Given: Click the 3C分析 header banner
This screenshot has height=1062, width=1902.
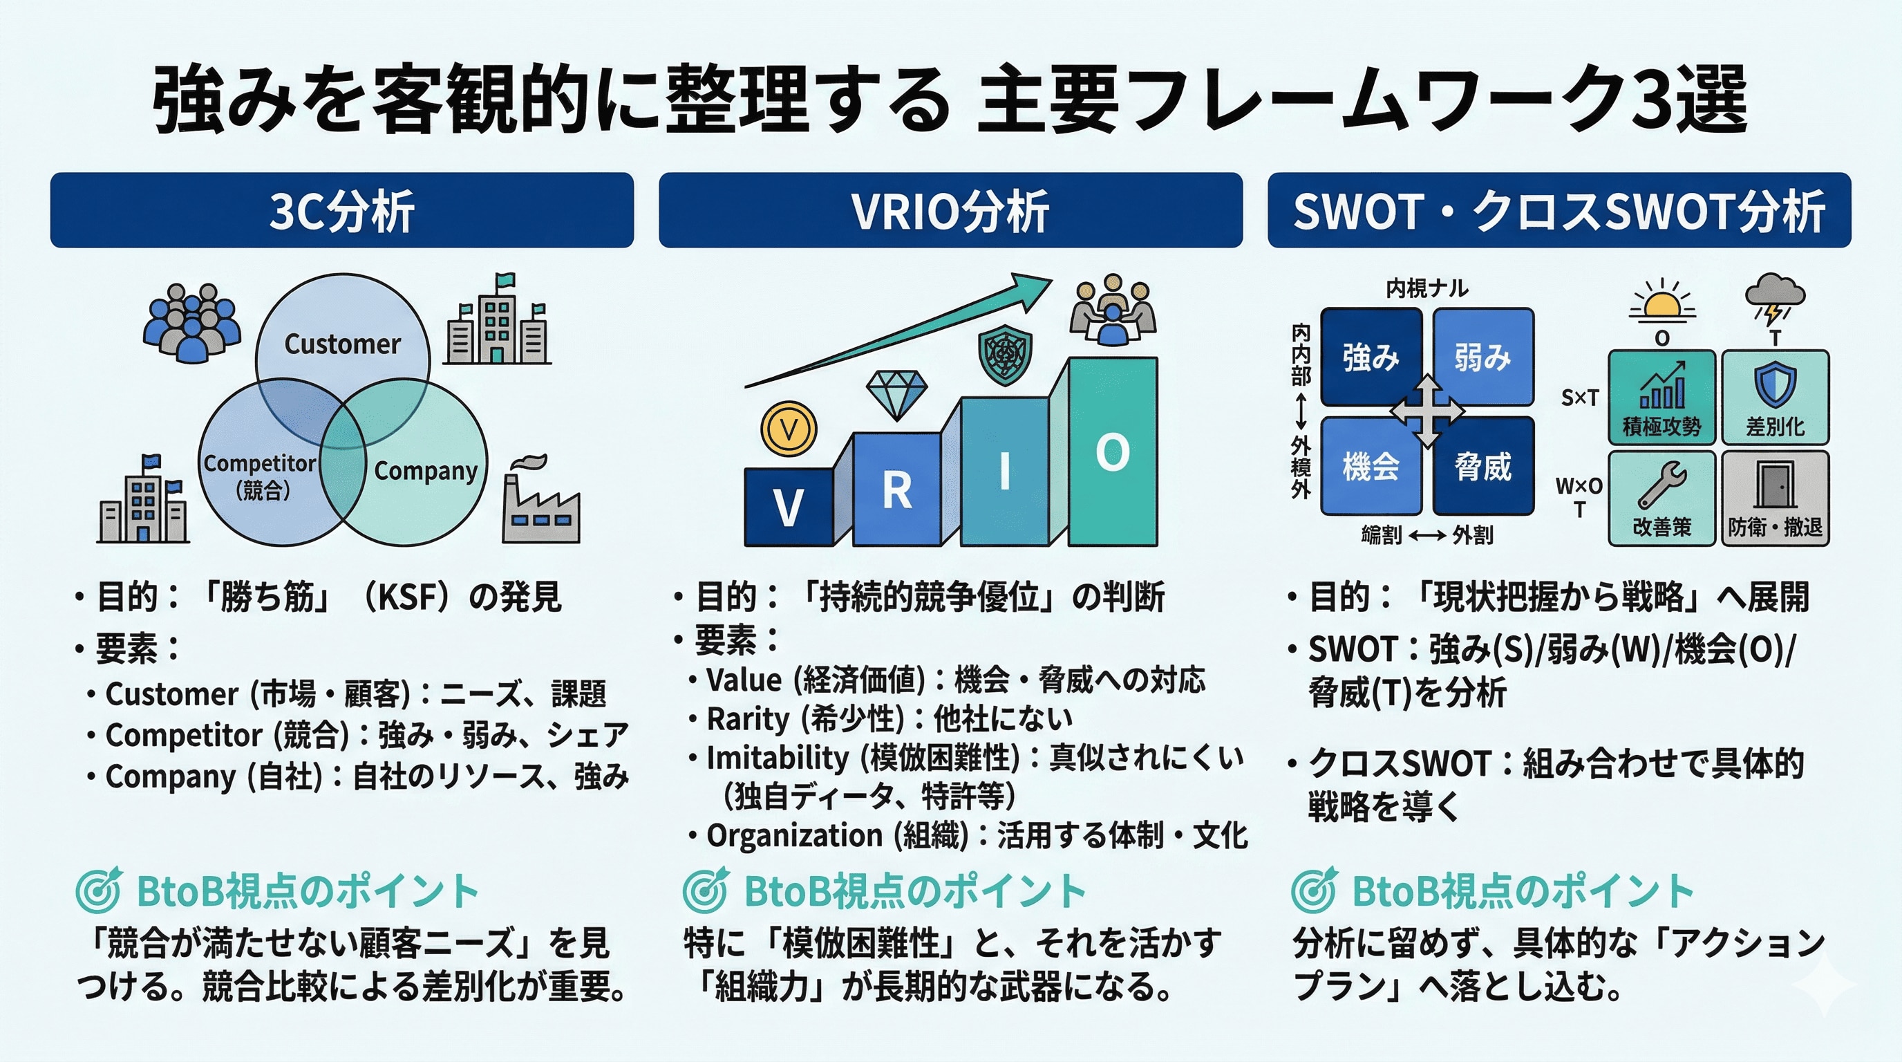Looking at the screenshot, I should click(341, 210).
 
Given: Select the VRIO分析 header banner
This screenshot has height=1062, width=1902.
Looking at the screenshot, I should click(950, 210).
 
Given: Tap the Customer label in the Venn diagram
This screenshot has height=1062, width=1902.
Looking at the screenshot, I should click(342, 344).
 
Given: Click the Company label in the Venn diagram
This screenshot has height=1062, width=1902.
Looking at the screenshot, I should click(425, 470).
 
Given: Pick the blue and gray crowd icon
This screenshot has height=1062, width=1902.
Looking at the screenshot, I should click(191, 322).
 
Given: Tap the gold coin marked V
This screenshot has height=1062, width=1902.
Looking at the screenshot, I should click(789, 429).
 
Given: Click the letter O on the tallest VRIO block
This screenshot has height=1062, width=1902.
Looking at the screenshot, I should click(1112, 452).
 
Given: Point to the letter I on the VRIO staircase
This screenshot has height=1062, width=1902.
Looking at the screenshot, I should click(1004, 470).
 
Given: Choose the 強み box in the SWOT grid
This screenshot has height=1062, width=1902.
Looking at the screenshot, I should click(1371, 357).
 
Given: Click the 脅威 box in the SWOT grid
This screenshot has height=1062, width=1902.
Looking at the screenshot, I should click(1483, 467).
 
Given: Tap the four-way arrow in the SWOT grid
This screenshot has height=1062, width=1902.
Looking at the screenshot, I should click(1427, 411).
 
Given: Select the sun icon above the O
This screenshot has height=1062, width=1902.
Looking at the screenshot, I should click(1661, 303).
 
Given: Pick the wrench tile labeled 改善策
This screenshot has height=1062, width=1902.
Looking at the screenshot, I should click(1661, 499).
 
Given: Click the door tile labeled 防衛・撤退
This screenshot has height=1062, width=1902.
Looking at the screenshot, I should click(1775, 499).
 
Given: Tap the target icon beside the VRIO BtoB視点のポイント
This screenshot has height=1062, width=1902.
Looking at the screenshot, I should click(706, 890).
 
